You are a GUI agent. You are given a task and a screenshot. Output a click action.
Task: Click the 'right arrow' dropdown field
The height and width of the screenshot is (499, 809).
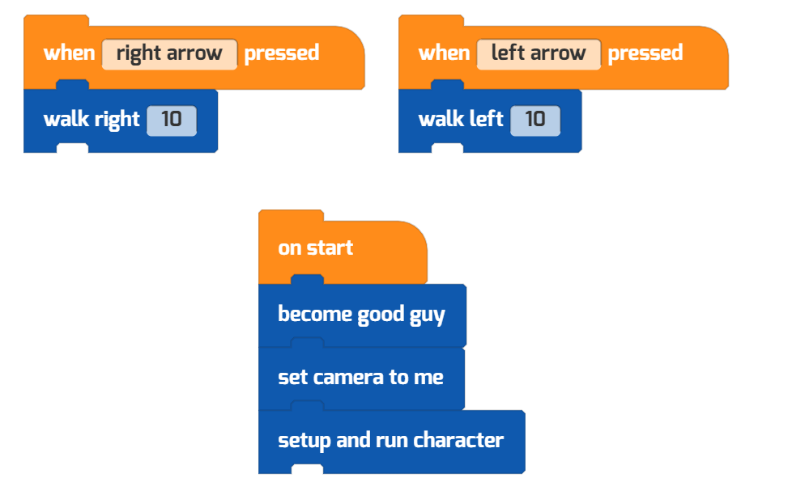pyautogui.click(x=170, y=54)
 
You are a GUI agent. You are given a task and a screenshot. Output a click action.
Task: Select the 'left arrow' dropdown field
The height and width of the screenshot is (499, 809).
pyautogui.click(x=539, y=54)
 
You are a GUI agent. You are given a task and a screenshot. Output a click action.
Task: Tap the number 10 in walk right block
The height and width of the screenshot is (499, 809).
pyautogui.click(x=172, y=121)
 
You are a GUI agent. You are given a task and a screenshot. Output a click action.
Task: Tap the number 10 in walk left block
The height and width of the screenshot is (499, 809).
pyautogui.click(x=535, y=121)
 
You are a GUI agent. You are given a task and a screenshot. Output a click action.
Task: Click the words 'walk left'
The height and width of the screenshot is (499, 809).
pyautogui.click(x=461, y=120)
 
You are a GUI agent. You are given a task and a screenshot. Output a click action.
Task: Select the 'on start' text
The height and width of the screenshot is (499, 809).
pyautogui.click(x=316, y=248)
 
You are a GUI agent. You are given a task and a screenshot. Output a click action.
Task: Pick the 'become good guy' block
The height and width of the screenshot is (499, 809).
pyautogui.click(x=362, y=315)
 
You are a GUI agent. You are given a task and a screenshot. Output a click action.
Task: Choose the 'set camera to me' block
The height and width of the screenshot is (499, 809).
pyautogui.click(x=361, y=378)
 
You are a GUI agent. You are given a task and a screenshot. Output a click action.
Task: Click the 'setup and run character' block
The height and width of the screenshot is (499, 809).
pyautogui.click(x=392, y=442)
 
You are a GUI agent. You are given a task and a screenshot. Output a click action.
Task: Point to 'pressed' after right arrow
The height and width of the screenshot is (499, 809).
pyautogui.click(x=282, y=53)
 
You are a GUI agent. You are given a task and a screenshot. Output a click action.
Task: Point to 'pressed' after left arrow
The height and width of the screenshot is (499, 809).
pyautogui.click(x=645, y=53)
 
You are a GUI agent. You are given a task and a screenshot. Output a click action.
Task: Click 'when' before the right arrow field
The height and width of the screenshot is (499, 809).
pyautogui.click(x=70, y=53)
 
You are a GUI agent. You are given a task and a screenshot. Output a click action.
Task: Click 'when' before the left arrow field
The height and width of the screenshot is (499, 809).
pyautogui.click(x=445, y=53)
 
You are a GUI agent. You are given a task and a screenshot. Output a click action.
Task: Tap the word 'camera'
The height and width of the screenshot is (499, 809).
pyautogui.click(x=349, y=378)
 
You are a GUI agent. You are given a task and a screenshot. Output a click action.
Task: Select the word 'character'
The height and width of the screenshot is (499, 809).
pyautogui.click(x=458, y=440)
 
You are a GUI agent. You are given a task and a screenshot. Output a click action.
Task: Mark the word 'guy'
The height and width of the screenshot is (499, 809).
pyautogui.click(x=428, y=316)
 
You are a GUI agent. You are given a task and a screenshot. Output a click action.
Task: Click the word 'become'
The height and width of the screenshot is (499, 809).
pyautogui.click(x=315, y=314)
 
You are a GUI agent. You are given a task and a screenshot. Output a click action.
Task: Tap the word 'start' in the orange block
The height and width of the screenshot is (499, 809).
pyautogui.click(x=330, y=248)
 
